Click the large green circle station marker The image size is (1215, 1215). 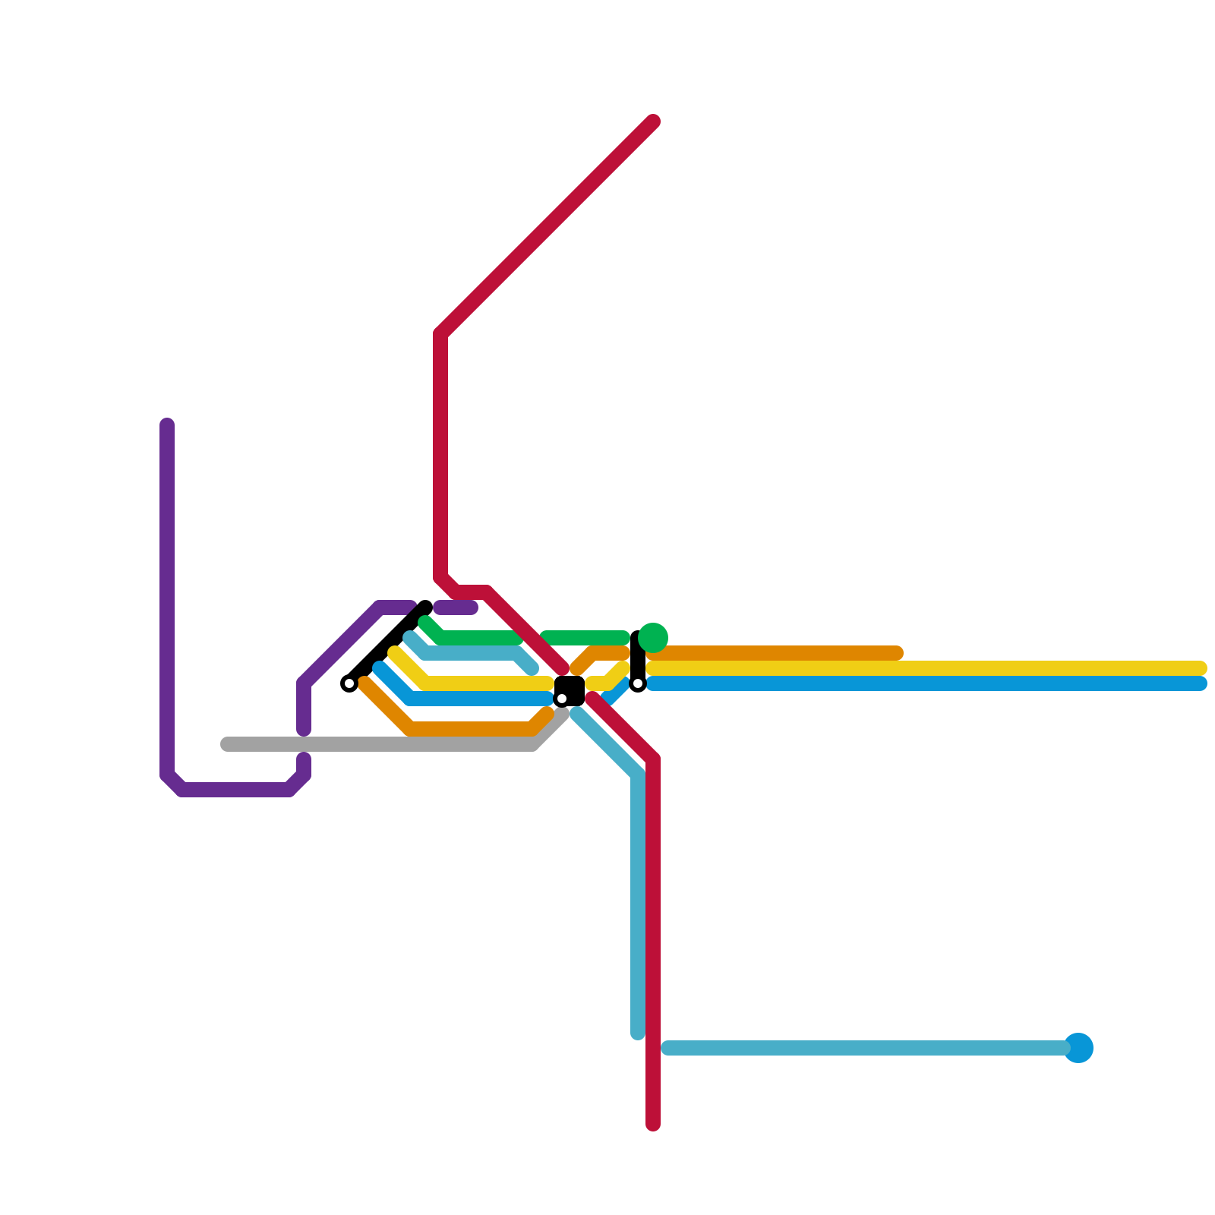653,637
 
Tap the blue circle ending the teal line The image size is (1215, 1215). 1078,1048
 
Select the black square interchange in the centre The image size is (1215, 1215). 570,690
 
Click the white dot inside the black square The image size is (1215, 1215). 562,699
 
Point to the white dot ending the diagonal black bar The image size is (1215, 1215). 349,683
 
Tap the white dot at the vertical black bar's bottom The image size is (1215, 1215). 638,684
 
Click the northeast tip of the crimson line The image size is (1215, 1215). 653,121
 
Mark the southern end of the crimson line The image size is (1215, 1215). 653,1124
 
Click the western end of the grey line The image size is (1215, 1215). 226,744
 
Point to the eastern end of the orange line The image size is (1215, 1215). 898,653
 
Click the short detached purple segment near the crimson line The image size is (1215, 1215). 456,607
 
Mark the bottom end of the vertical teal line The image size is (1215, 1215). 638,1033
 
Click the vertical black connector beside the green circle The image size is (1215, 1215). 638,658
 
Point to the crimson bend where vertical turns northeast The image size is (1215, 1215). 440,334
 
